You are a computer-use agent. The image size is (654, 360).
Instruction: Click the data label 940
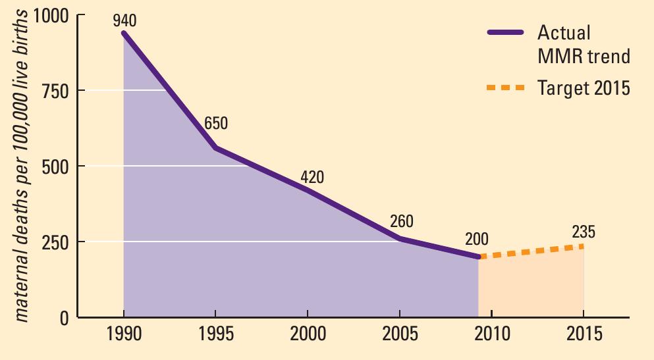pyautogui.click(x=124, y=20)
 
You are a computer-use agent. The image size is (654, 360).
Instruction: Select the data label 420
pyautogui.click(x=312, y=177)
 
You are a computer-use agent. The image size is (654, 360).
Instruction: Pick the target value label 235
pyautogui.click(x=583, y=232)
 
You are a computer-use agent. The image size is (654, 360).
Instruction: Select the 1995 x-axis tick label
pyautogui.click(x=215, y=334)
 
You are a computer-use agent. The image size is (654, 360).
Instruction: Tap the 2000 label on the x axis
pyautogui.click(x=308, y=334)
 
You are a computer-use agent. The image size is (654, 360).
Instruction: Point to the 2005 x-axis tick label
pyautogui.click(x=400, y=334)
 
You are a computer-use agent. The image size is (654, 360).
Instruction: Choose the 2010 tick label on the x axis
pyautogui.click(x=492, y=334)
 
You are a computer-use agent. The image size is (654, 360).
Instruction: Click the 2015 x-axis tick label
pyautogui.click(x=584, y=334)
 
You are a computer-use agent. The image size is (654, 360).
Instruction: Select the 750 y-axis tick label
pyautogui.click(x=55, y=91)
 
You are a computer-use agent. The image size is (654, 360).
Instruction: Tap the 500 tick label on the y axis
pyautogui.click(x=55, y=167)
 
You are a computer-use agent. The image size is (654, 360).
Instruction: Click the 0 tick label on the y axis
pyautogui.click(x=65, y=318)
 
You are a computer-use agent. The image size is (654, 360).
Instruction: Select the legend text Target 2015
pyautogui.click(x=584, y=88)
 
